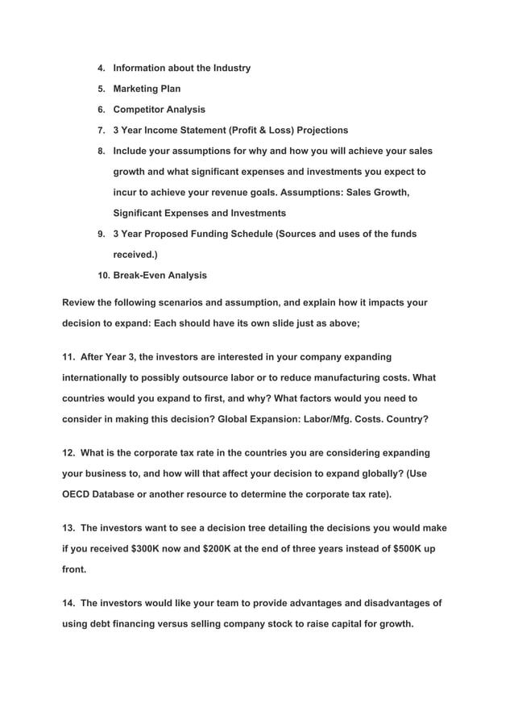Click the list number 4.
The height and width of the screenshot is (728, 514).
101,69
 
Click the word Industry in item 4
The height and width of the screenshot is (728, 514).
230,68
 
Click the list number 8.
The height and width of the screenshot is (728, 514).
101,152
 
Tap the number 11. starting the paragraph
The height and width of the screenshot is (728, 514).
70,356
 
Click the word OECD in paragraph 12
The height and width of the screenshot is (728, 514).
78,493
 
